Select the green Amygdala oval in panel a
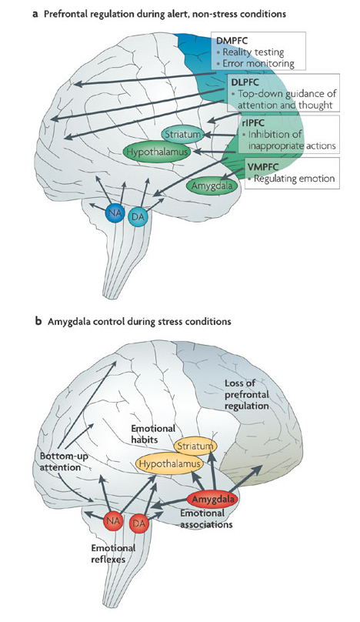213,186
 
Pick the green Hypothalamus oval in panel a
156,152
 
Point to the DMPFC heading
233,41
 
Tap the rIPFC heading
253,123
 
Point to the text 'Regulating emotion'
294,179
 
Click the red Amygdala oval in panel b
214,500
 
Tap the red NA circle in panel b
114,521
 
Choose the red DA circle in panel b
139,523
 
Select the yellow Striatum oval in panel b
196,446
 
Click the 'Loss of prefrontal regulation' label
247,395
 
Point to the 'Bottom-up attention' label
64,462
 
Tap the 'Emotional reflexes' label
113,553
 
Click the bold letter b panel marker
38,321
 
